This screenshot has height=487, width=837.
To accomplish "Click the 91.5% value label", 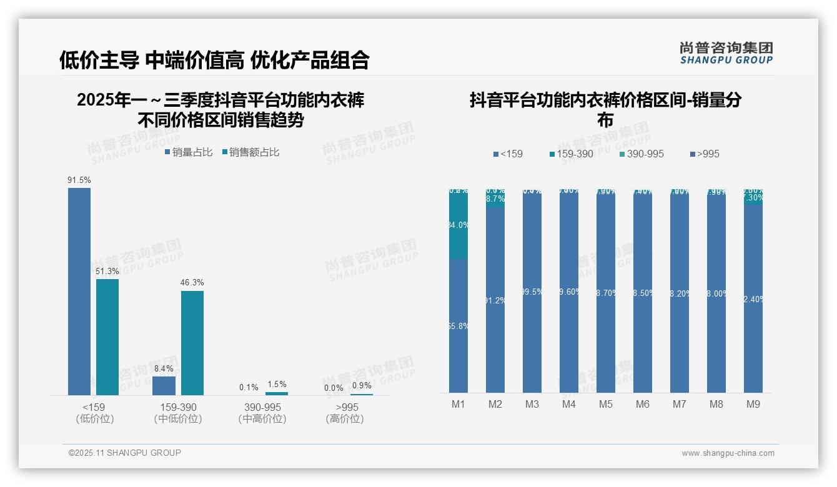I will coord(79,180).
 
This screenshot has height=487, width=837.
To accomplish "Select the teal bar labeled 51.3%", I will coord(107,337).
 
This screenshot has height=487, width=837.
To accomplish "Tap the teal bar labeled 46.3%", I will coord(192,343).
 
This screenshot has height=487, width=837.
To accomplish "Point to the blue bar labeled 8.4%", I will coord(164,385).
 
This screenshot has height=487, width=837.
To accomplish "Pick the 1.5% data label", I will coord(277,385).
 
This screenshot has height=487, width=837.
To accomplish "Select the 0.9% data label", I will coord(362,386).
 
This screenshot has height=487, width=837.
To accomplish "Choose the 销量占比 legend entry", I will coord(189,152).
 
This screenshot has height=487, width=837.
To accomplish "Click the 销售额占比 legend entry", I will coord(250,152).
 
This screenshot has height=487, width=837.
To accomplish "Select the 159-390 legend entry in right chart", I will coord(571,154).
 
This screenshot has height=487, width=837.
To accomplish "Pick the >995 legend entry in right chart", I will coord(705,154).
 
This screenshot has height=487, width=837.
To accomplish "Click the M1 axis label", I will coord(458,405).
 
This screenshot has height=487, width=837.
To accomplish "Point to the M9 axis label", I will coord(753,405).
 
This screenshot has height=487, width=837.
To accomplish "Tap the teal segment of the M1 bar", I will coord(458,225).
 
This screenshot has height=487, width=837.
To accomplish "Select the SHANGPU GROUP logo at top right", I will coord(726,53).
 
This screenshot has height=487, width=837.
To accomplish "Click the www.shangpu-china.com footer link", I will coord(728,453).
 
